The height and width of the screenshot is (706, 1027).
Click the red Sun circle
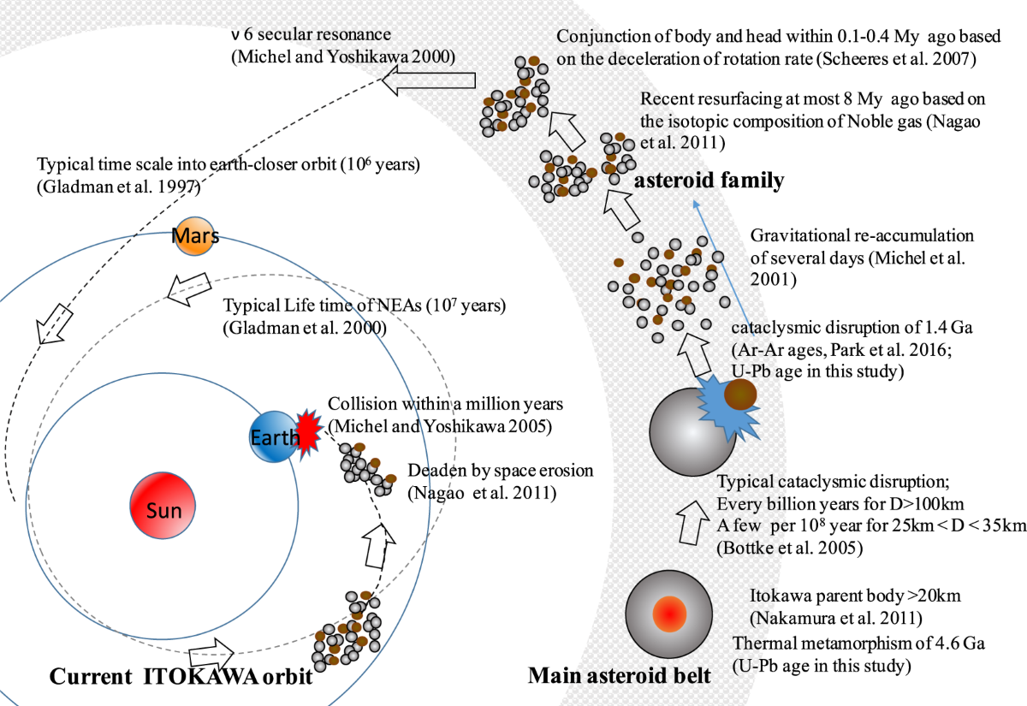[163, 511]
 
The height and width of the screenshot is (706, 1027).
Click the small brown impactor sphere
[740, 394]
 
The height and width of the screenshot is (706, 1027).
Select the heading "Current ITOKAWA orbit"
[180, 676]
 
